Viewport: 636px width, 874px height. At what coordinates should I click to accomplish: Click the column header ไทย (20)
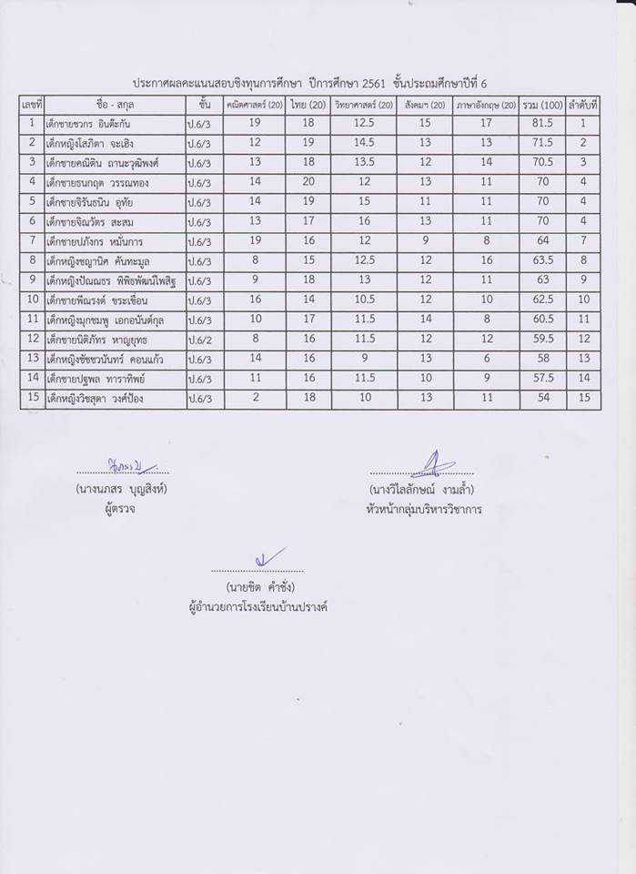pos(308,104)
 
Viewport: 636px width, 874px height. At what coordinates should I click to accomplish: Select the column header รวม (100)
pos(542,104)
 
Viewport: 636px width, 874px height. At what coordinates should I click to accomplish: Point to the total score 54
pos(542,399)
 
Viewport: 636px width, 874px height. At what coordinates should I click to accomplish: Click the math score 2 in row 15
pos(254,399)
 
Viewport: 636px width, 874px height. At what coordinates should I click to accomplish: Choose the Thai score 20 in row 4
pos(308,182)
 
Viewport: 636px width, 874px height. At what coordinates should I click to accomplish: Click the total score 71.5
pos(542,143)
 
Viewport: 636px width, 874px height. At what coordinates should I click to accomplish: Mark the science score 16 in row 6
pos(364,222)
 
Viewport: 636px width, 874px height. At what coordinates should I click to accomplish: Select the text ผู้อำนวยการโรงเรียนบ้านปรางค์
pos(252,606)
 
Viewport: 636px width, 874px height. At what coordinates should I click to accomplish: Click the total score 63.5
pos(542,261)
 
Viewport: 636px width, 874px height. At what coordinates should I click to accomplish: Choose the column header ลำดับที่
pos(582,104)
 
